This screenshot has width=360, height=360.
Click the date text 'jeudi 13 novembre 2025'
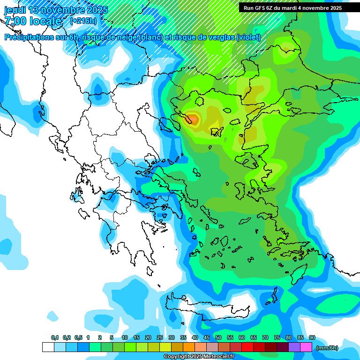[x=56, y=10]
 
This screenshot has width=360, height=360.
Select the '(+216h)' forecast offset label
[x=83, y=21]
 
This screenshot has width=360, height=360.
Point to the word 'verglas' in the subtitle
[x=220, y=37]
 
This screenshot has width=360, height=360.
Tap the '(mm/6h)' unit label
[x=327, y=348]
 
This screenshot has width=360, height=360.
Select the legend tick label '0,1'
[x=54, y=338]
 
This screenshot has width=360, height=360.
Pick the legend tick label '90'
[x=312, y=338]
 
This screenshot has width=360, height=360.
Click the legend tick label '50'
[x=218, y=338]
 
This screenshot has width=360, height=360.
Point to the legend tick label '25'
[x=160, y=338]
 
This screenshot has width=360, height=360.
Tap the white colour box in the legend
[x=48, y=347]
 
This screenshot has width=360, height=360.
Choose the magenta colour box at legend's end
[x=306, y=347]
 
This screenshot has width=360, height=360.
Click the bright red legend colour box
[x=247, y=347]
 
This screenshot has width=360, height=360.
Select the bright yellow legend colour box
[x=165, y=347]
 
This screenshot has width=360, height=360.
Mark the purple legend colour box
[x=294, y=347]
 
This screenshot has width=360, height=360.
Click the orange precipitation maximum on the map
[x=192, y=119]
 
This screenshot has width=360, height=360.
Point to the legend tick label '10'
[x=125, y=338]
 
